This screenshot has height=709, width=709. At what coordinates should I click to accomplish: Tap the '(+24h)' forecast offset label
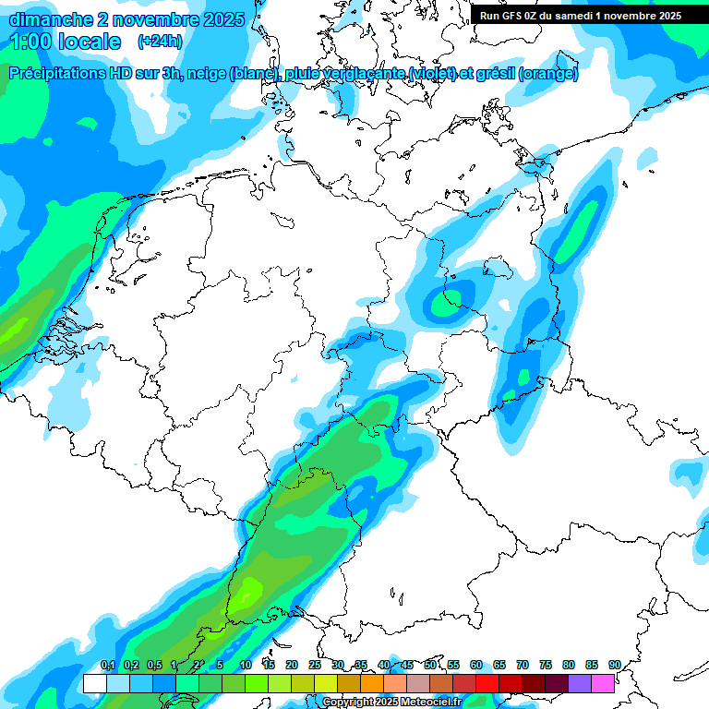(x=160, y=42)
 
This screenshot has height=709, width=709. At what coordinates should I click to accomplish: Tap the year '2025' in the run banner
(x=665, y=16)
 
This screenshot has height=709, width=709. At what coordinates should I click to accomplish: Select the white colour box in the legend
(x=94, y=684)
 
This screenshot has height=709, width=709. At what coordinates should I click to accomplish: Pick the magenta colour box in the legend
(x=603, y=684)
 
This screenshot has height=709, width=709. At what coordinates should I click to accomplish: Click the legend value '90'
(x=615, y=665)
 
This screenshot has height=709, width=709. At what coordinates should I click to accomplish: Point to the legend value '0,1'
(x=107, y=665)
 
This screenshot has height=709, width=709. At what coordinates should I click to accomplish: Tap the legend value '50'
(x=430, y=665)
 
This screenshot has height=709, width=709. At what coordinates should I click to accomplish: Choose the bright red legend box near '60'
(x=487, y=684)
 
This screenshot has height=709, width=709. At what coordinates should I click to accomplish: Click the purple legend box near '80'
(x=580, y=684)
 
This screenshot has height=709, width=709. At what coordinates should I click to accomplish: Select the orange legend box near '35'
(x=372, y=684)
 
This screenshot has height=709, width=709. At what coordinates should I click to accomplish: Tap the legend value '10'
(x=246, y=665)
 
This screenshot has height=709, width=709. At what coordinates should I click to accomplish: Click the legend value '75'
(x=546, y=665)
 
